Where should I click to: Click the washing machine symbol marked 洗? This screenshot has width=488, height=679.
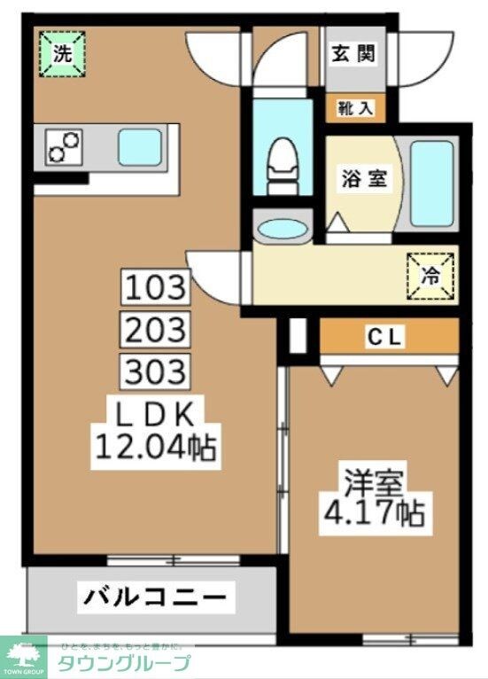[x=62, y=52]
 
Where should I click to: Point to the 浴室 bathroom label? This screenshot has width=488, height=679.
[x=363, y=177]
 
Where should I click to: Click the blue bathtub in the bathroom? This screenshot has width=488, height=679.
[x=433, y=181]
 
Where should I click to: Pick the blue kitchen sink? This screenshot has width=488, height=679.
[x=139, y=144]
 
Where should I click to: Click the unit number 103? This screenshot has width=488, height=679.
[x=156, y=287]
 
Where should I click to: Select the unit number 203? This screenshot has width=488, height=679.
[x=156, y=330]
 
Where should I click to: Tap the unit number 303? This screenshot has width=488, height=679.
[x=156, y=371]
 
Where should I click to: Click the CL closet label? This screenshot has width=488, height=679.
[x=387, y=337]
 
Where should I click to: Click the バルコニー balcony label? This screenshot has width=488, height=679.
[x=154, y=597]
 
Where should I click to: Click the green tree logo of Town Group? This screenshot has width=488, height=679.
[x=24, y=656]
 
